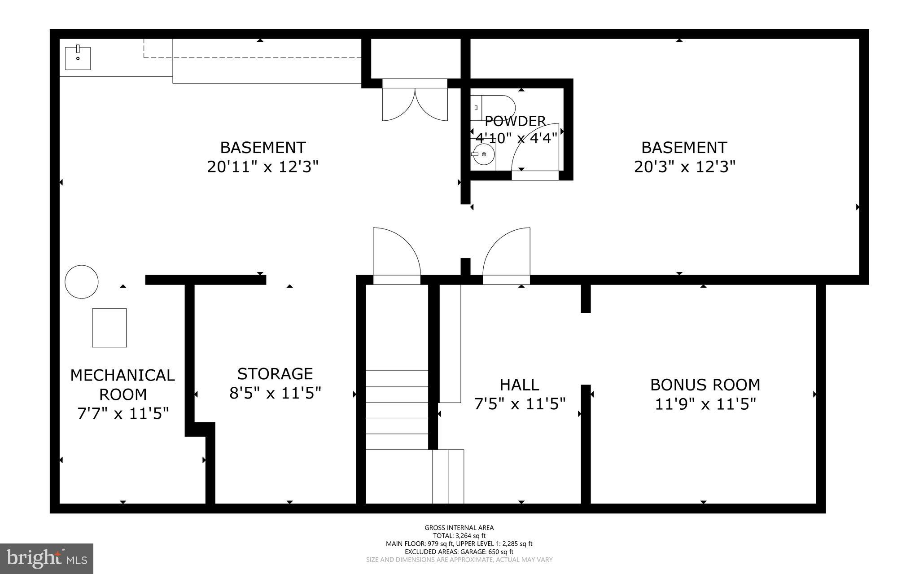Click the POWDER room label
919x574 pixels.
515,121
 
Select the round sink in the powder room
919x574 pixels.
484,154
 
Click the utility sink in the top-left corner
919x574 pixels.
78,58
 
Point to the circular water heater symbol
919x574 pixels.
82,282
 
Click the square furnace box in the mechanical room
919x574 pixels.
109,328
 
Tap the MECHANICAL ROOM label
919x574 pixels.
123,385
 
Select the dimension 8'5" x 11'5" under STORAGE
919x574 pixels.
275,393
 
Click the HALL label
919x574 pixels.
519,385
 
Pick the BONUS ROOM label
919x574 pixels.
705,385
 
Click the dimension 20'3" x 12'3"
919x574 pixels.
684,167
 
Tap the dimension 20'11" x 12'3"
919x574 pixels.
263,167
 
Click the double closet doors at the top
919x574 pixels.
415,101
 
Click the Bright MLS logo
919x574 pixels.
47,558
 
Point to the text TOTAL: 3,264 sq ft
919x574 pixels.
459,535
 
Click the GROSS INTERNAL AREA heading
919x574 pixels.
459,528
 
